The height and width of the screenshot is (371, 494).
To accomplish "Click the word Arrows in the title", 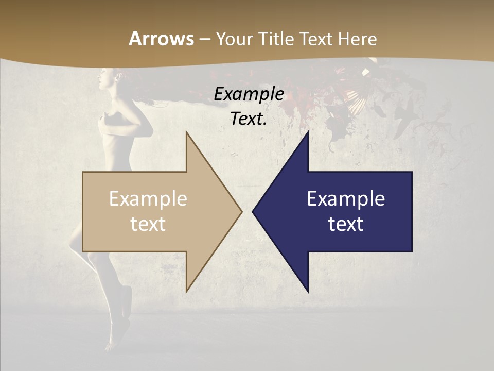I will (x=162, y=39).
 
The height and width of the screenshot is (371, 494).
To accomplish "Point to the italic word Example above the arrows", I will (x=249, y=94).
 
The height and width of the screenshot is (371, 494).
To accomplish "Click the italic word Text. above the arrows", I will (x=249, y=119).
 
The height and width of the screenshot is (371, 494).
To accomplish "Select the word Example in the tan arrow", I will (x=148, y=198).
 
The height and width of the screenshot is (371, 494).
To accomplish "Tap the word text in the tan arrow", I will (x=148, y=224).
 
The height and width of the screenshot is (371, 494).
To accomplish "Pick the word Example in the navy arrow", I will (x=346, y=198).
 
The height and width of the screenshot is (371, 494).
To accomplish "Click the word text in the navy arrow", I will (x=346, y=224).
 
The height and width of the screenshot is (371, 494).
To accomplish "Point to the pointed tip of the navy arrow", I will (x=254, y=211).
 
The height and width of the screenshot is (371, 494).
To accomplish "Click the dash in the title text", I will (x=205, y=39).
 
